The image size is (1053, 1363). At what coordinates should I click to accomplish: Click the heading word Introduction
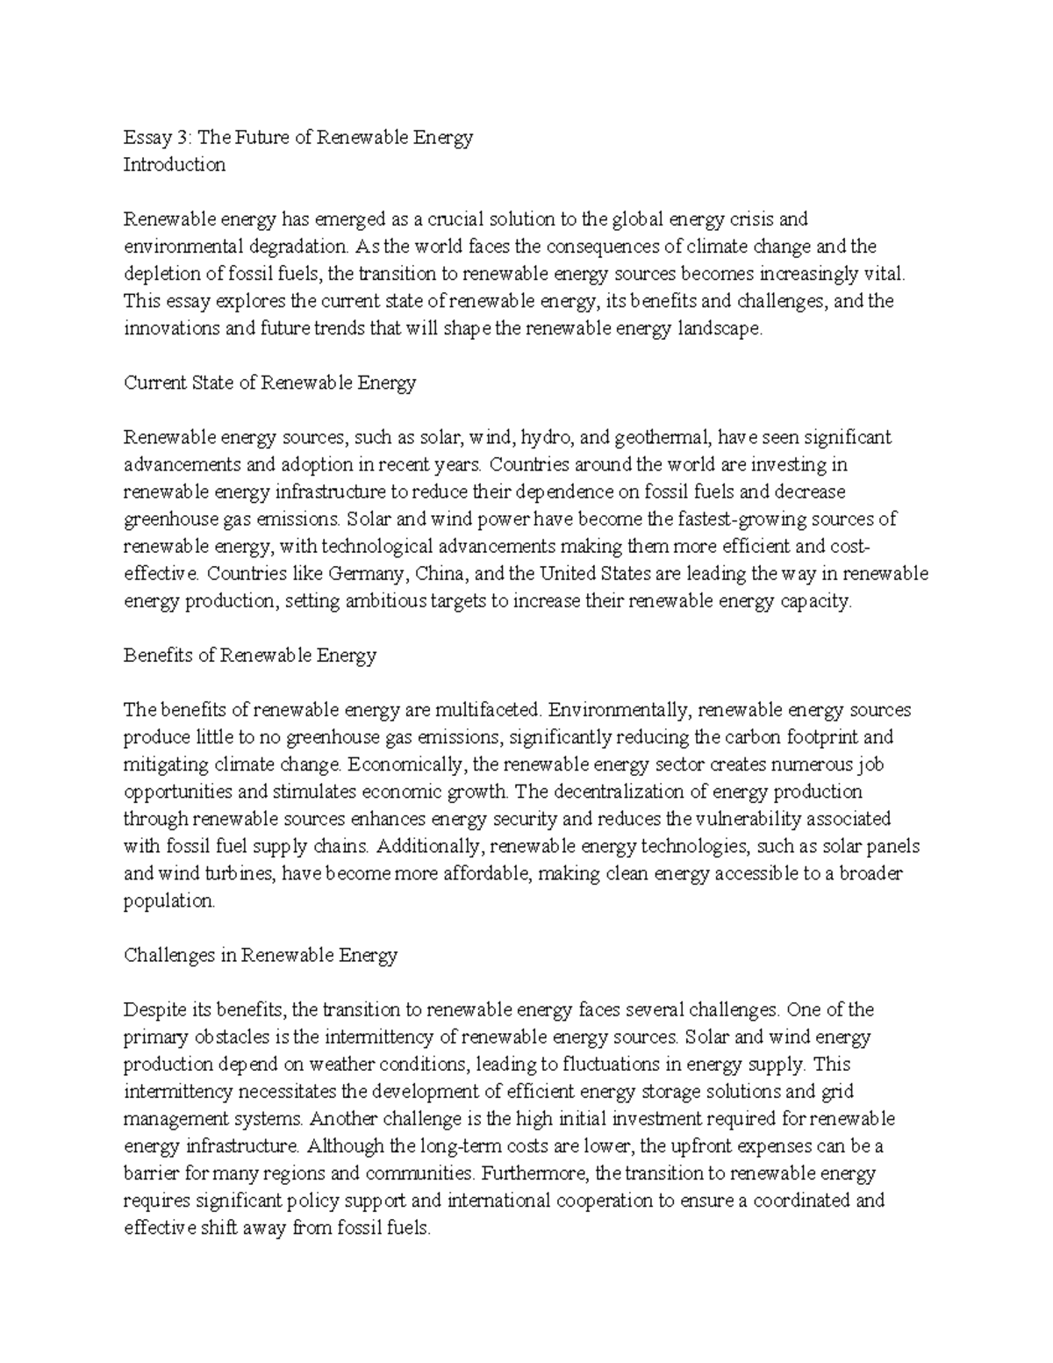[x=175, y=164]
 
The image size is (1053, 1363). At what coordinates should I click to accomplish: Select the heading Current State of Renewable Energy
[x=269, y=383]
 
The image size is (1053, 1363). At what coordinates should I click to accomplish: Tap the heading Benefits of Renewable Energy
[x=250, y=656]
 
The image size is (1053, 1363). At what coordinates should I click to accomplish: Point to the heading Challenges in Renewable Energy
[x=261, y=955]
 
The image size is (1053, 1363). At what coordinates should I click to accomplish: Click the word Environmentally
[x=620, y=710]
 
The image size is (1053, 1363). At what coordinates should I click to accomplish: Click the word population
[x=168, y=900]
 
